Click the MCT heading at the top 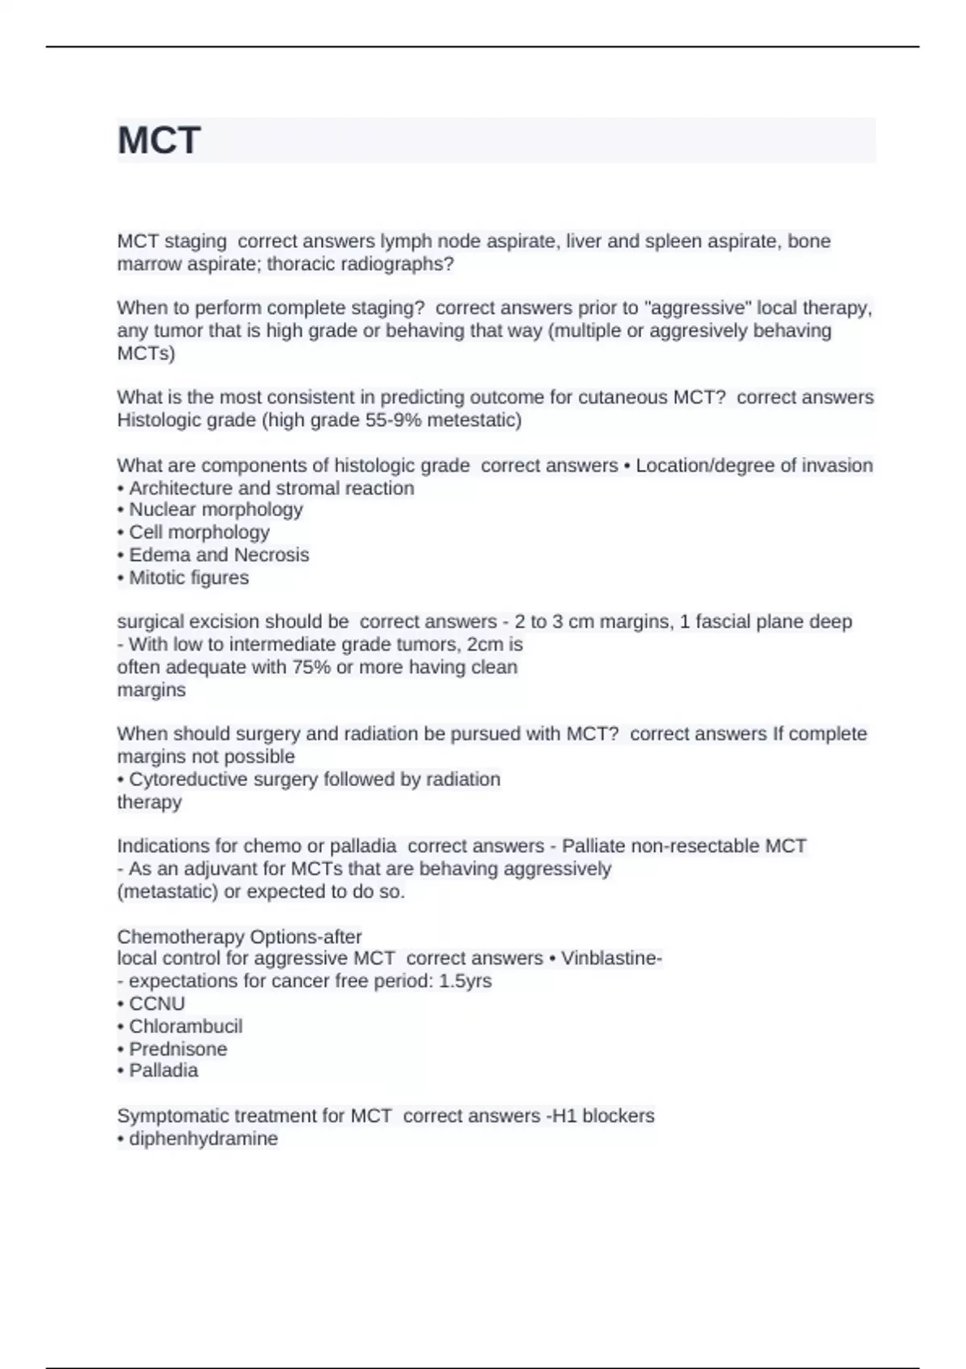pos(159,140)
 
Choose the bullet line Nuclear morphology pos(211,510)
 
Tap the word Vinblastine pos(610,958)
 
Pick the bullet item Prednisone pos(178,1048)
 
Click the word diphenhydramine pos(203,1139)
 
